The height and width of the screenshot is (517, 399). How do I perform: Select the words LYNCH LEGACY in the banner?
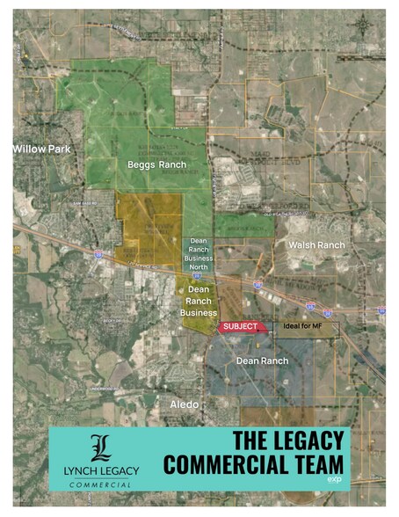(x=102, y=473)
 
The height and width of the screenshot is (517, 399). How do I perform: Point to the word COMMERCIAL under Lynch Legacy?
(x=102, y=484)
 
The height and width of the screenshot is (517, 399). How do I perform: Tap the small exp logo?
(x=332, y=480)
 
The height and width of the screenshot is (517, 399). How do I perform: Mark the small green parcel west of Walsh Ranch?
(x=243, y=226)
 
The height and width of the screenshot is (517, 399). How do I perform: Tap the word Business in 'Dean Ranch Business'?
(x=199, y=312)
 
